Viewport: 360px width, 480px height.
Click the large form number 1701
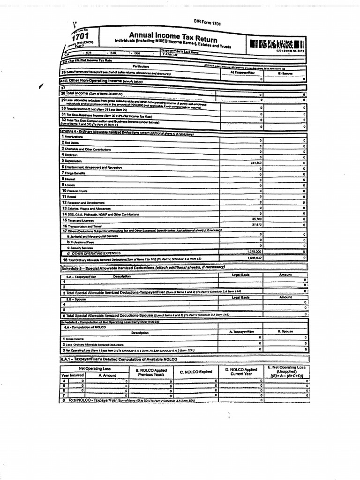78,37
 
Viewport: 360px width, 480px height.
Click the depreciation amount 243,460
256,162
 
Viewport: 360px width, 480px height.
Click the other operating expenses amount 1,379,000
254,252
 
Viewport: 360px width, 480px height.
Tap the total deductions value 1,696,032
254,258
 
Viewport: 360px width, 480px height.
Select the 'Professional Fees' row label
77,242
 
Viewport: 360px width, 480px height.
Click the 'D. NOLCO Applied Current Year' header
241,372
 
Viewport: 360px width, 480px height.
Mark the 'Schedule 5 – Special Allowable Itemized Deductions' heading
142,268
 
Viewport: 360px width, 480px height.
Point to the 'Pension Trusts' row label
75,191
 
